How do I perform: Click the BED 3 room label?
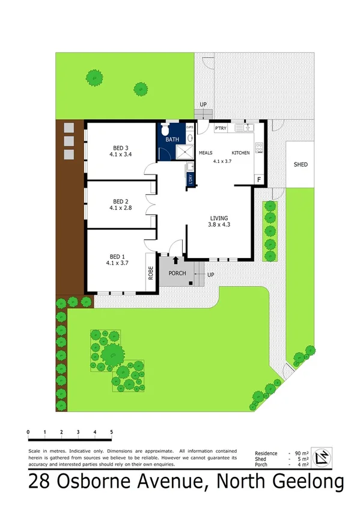121,147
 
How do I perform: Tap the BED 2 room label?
121,201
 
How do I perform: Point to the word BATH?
173,140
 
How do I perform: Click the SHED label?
300,164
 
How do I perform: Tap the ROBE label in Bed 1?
150,274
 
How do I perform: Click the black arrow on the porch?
175,260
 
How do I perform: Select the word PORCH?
177,274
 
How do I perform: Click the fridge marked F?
259,179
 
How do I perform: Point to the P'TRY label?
220,127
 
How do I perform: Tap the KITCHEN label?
240,153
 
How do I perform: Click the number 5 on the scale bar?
112,432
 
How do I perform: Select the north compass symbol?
323,458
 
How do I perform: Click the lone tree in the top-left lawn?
93,77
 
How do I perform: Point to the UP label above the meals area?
203,105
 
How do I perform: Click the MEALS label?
206,153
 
